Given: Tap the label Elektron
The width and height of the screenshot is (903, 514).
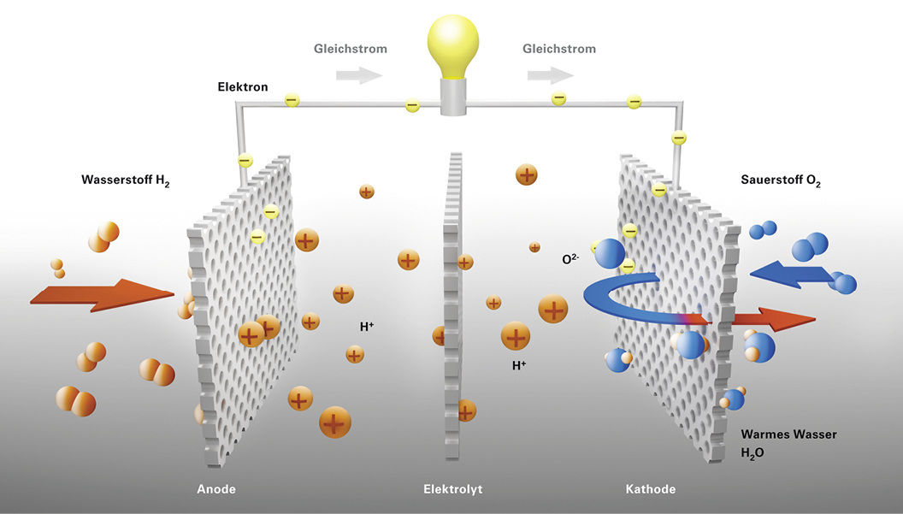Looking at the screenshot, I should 243,86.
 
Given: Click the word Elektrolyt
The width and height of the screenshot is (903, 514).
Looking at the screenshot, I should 452,489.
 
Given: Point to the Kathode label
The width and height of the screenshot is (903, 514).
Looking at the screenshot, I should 651,489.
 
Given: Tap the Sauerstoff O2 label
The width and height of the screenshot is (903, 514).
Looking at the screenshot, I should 781,180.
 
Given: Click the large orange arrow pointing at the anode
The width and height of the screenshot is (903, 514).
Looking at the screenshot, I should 103,293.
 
